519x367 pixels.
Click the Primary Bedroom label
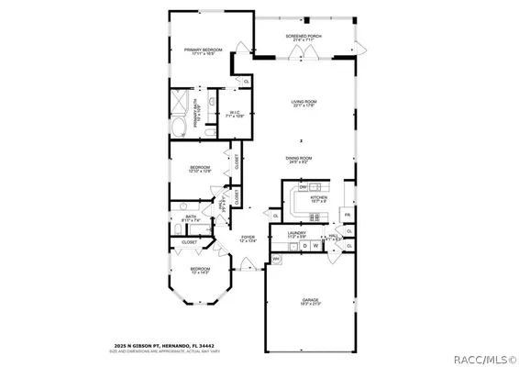pos(204,52)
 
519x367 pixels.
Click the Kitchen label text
pos(318,199)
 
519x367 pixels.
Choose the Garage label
pos(310,300)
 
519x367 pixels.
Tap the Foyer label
pos(248,239)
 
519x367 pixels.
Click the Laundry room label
pos(296,235)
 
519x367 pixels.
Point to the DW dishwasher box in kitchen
pos(303,187)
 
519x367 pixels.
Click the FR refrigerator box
pos(345,214)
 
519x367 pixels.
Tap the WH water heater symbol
pos(275,260)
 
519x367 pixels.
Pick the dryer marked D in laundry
pos(304,245)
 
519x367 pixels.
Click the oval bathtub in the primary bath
pos(179,125)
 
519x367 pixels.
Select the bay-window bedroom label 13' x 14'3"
pos(200,271)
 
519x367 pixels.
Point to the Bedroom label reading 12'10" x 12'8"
pos(200,170)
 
